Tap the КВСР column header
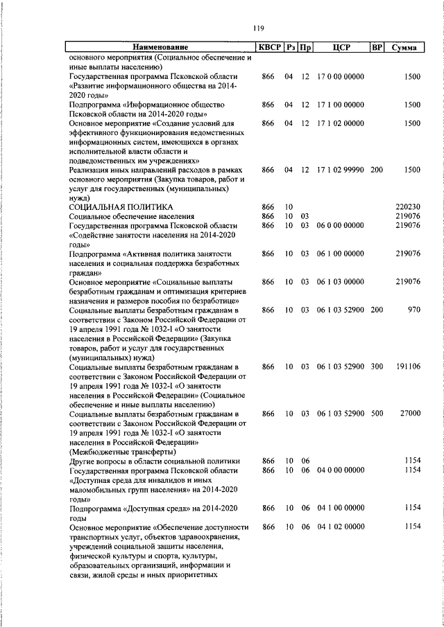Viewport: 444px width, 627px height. pos(268,48)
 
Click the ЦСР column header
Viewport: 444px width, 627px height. pos(340,48)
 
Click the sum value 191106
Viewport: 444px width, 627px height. pos(407,366)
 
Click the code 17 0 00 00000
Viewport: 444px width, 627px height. pos(340,76)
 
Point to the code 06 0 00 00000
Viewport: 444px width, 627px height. pos(340,226)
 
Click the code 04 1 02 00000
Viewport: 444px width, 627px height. pos(340,527)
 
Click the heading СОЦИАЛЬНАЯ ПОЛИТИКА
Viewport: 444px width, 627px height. pos(121,207)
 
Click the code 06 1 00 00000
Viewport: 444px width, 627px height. pos(340,254)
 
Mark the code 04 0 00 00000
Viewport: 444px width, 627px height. pos(340,470)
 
